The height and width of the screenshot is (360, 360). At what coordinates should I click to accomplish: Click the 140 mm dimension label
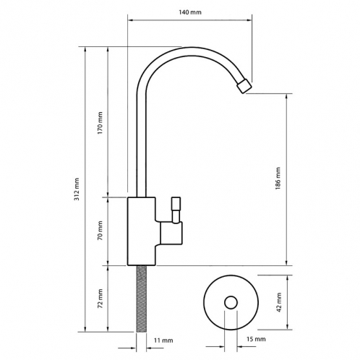tap(190, 12)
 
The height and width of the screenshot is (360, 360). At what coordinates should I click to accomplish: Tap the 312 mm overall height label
tap(77, 189)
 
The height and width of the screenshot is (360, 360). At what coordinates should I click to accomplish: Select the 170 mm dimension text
tap(100, 123)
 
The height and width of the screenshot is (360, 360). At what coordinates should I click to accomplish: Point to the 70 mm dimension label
tap(100, 231)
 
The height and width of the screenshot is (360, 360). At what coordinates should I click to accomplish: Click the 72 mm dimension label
tap(100, 299)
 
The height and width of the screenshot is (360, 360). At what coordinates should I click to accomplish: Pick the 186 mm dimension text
tap(278, 179)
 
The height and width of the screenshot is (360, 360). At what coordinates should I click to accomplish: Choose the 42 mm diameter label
tap(279, 302)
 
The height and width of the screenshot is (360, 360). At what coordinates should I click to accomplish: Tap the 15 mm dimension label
tap(256, 339)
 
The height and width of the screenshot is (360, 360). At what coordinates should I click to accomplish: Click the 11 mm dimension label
tap(163, 340)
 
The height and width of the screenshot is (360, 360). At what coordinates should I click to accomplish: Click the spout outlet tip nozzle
tap(244, 86)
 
